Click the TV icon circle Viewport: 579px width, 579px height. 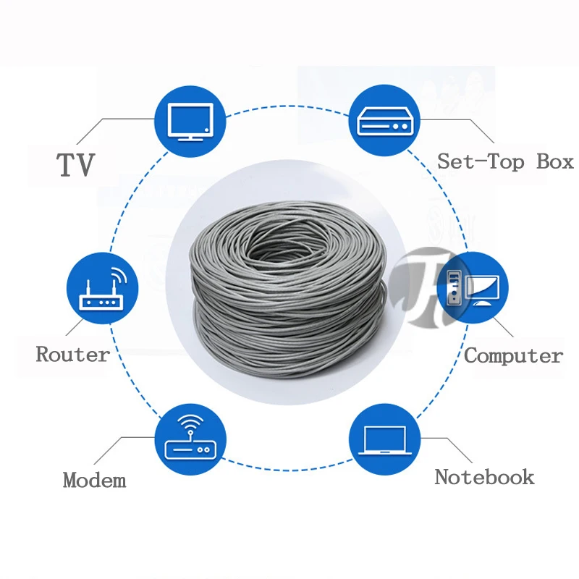pyautogui.click(x=190, y=121)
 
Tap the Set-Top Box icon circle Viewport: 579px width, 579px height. pyautogui.click(x=385, y=121)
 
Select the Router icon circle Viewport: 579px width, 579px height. pyautogui.click(x=102, y=287)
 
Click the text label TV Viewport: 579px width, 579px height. pyautogui.click(x=76, y=165)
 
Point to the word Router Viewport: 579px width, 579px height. pyautogui.click(x=72, y=355)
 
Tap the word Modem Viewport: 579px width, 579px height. pyautogui.click(x=94, y=480)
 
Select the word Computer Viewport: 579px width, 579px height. pyautogui.click(x=513, y=356)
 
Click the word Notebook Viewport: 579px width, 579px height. pyautogui.click(x=484, y=477)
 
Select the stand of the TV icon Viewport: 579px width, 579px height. pyautogui.click(x=190, y=137)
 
